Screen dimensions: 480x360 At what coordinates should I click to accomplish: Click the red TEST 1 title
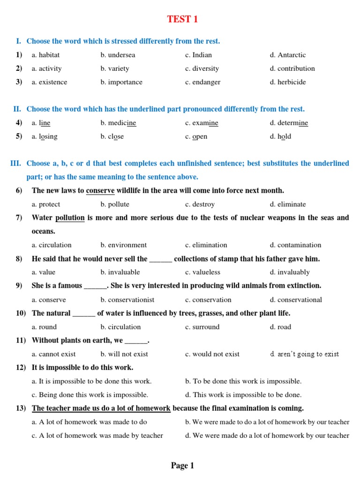(x=183, y=19)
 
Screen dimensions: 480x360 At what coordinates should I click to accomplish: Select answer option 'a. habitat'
(x=45, y=55)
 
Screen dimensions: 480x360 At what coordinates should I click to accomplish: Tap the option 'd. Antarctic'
(x=287, y=55)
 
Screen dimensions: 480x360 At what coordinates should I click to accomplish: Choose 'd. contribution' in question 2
(x=292, y=68)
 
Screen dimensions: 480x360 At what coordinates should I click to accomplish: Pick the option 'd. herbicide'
(x=287, y=82)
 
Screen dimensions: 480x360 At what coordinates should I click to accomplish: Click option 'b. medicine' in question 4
(x=118, y=123)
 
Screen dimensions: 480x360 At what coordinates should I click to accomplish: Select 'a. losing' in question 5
(x=45, y=136)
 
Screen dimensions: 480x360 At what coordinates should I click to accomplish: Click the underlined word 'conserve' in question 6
(x=100, y=190)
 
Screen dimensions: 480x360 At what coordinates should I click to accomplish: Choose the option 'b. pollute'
(x=115, y=204)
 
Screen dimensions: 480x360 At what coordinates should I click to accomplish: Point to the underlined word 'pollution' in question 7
(x=70, y=217)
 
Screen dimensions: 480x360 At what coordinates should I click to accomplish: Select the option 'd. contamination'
(x=295, y=245)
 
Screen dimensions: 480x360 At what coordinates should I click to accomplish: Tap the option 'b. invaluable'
(x=120, y=272)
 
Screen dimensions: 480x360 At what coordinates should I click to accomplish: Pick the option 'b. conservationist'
(x=127, y=300)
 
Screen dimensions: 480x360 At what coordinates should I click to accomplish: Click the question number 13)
(x=21, y=408)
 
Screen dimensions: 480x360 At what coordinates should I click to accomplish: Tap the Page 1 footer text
(x=182, y=465)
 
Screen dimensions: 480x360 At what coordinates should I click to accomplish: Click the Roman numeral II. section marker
(x=17, y=109)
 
